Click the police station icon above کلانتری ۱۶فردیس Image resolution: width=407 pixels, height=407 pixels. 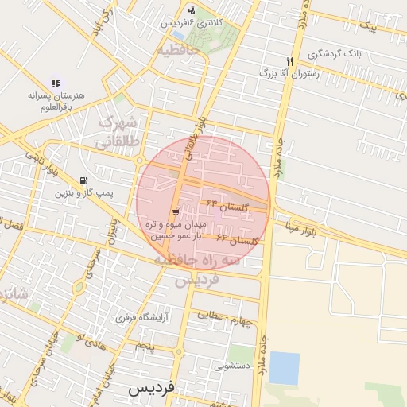point(192,10)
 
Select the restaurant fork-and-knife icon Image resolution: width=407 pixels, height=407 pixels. point(290,60)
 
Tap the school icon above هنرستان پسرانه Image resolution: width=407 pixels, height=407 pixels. point(56,82)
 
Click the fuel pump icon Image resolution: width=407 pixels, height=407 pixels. point(85,180)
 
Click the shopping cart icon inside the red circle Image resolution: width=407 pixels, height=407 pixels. point(176,211)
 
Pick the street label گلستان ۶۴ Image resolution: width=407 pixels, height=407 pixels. point(227,206)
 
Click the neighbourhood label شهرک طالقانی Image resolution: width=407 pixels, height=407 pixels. point(119,134)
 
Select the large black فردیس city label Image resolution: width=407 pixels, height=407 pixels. point(150,390)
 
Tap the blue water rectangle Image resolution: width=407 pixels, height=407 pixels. point(284,368)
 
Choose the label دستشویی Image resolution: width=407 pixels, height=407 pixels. point(232,366)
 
